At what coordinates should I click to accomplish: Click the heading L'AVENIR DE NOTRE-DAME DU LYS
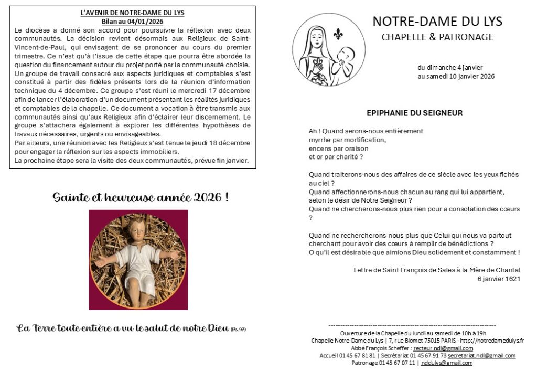click(133, 12)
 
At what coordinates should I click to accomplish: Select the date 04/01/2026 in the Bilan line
click(149, 21)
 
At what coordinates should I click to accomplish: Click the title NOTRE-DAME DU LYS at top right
click(437, 22)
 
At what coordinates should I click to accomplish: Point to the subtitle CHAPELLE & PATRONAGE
click(437, 37)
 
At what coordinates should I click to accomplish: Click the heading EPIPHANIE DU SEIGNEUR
click(414, 113)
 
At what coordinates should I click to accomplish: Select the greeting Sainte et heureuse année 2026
click(140, 197)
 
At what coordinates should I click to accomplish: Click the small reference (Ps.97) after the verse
click(239, 330)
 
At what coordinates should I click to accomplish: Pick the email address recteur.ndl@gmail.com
click(443, 348)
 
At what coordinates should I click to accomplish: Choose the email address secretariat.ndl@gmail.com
click(481, 355)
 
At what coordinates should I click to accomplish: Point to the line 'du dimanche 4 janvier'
click(450, 67)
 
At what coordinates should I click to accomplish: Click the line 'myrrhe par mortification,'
click(347, 140)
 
